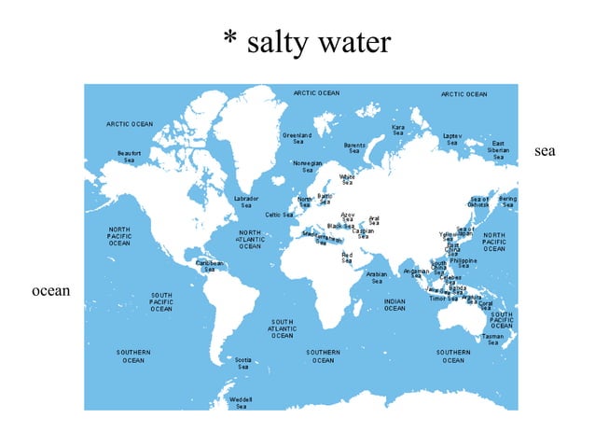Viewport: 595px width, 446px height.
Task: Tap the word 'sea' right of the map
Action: [545, 150]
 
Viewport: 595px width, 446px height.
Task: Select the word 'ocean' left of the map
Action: [51, 291]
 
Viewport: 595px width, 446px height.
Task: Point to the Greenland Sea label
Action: [297, 138]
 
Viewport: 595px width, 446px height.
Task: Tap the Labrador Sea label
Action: [246, 202]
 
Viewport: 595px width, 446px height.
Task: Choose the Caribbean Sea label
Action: [210, 266]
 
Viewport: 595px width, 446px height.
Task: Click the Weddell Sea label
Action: [241, 402]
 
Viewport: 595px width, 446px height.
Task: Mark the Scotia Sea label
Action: [242, 363]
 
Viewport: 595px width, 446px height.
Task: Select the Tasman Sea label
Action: [492, 340]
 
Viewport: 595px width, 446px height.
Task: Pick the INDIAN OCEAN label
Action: [394, 305]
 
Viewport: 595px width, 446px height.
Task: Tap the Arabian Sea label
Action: [377, 277]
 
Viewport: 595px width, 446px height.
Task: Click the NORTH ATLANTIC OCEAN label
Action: [250, 240]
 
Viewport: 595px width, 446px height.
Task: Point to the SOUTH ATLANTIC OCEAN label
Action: [283, 328]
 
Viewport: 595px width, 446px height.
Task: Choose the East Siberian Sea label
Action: [499, 150]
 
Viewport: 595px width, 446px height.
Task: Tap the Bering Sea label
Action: [507, 202]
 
